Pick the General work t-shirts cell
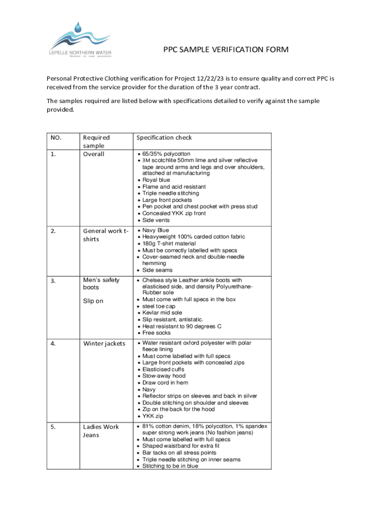pos(105,235)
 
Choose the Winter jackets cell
pos(104,343)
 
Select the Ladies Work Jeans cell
pos(101,431)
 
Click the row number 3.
pos(54,280)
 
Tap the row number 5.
pos(54,427)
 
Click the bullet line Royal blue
pos(156,180)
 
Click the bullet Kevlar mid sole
pos(162,313)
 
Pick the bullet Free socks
pos(156,333)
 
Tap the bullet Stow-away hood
pos(163,376)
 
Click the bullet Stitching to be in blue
pos(170,466)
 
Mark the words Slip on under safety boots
pos(94,301)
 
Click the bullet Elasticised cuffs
pos(163,369)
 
